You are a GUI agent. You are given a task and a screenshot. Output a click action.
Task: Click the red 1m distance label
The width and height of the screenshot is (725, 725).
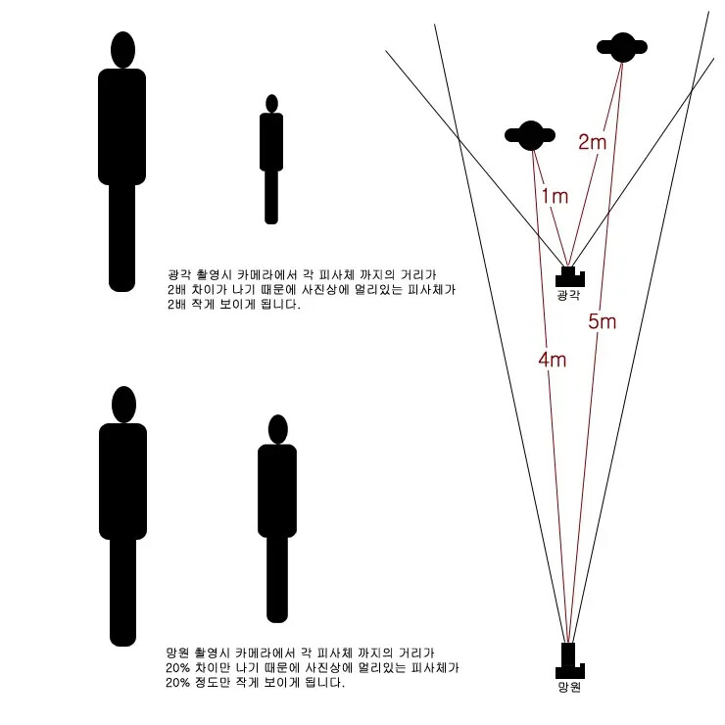pos(555,196)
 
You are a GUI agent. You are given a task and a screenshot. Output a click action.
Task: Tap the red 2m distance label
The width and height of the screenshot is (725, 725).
pos(592,142)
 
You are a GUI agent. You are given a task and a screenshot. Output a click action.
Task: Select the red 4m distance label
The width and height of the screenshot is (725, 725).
pos(552,360)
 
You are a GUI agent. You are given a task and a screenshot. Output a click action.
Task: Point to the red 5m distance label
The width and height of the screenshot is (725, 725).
pos(602,321)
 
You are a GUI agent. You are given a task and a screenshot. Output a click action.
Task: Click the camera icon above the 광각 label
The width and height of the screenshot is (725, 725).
pos(569,276)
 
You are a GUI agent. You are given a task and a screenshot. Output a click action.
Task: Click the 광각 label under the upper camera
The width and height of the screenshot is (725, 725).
pos(568,295)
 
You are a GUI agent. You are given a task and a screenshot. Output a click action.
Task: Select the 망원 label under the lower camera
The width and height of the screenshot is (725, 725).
pos(569,687)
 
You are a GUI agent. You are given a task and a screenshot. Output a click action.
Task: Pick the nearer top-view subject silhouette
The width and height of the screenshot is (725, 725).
pos(530,135)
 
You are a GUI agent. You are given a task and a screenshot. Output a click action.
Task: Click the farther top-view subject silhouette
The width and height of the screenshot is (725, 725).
pos(622,47)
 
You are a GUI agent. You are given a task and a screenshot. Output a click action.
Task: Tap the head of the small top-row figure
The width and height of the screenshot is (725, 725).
pos(272,104)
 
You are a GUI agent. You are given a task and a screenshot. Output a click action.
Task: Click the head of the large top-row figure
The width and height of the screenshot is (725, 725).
pos(123,50)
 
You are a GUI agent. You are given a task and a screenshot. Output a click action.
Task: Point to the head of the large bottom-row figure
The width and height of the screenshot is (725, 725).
pos(123,405)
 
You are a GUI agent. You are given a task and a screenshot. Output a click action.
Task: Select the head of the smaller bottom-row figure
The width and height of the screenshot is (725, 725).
pos(277,429)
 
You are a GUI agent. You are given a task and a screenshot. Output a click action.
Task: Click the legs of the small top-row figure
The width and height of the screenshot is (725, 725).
pos(271,198)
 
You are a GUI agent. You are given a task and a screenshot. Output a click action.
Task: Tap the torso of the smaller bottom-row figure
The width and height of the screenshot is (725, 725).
pos(277,491)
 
